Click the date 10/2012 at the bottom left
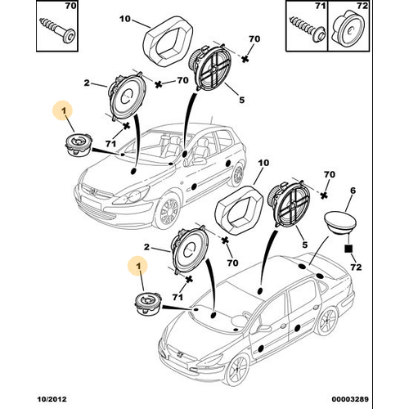pyautogui.click(x=52, y=399)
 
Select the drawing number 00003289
pyautogui.click(x=350, y=399)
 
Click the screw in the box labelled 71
pyautogui.click(x=308, y=29)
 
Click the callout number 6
pyautogui.click(x=353, y=191)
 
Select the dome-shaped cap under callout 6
pyautogui.click(x=339, y=222)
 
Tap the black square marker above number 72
pyautogui.click(x=348, y=249)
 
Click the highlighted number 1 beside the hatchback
pyautogui.click(x=63, y=110)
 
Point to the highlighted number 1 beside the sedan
pyautogui.click(x=139, y=265)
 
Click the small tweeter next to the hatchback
pyautogui.click(x=79, y=145)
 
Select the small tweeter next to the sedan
pyautogui.click(x=149, y=304)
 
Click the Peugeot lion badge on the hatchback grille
pyautogui.click(x=93, y=191)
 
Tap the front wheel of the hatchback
pyautogui.click(x=167, y=211)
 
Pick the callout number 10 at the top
pyautogui.click(x=125, y=20)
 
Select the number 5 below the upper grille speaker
pyautogui.click(x=241, y=100)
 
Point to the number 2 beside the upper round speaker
pyautogui.click(x=87, y=83)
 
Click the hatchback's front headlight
pyautogui.click(x=133, y=196)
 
